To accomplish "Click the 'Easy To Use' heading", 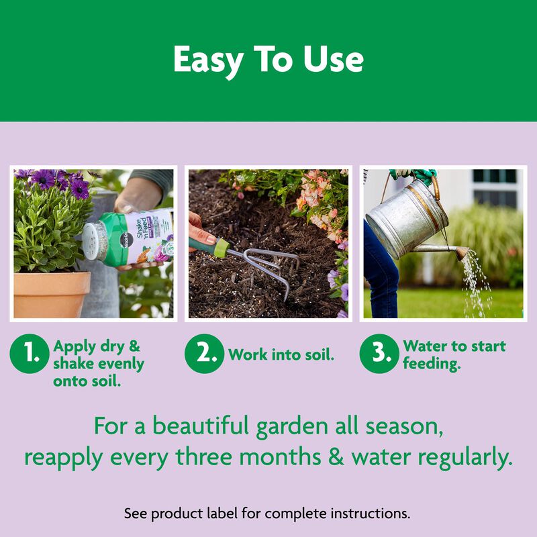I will [x=268, y=60].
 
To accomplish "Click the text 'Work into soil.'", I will [x=281, y=355].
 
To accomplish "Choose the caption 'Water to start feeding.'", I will [x=454, y=355].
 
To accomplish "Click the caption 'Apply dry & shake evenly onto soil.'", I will [x=98, y=363].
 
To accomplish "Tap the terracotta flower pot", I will [x=51, y=294].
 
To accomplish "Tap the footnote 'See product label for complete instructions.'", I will [x=267, y=514].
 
